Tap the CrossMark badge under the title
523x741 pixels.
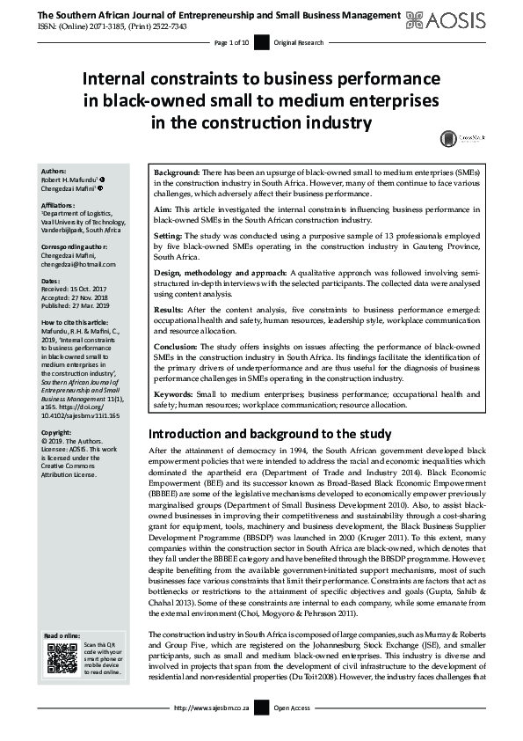(x=454, y=138)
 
